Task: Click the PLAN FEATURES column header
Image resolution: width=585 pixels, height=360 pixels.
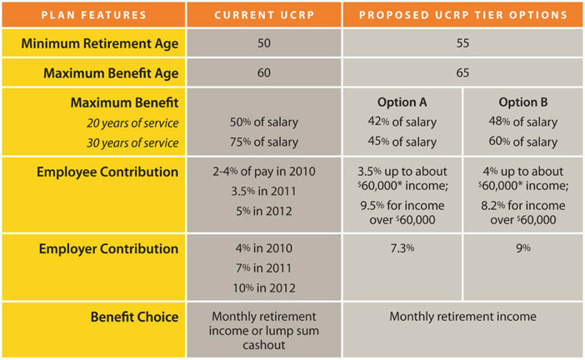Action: [x=94, y=14]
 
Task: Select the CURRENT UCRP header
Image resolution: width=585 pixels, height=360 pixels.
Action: [x=263, y=14]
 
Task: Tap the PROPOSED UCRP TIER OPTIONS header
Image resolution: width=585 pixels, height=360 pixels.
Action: [x=462, y=14]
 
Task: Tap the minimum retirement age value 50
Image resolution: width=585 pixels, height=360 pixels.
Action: [x=263, y=42]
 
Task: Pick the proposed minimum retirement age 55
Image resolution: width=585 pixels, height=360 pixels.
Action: [x=462, y=42]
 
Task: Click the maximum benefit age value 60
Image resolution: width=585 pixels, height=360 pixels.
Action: [x=263, y=72]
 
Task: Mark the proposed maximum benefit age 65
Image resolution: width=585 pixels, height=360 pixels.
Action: [x=462, y=72]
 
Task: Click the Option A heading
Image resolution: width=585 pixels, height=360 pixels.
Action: [x=402, y=102]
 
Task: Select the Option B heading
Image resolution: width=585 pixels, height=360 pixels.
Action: [x=522, y=102]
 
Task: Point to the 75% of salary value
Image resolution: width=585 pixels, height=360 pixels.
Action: [x=263, y=142]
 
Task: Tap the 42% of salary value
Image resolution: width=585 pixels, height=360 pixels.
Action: [x=402, y=122]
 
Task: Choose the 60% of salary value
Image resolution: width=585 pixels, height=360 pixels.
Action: [x=522, y=142]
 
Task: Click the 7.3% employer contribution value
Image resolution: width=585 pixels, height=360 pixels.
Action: [x=402, y=249]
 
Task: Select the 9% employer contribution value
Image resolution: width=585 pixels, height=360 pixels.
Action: [x=522, y=249]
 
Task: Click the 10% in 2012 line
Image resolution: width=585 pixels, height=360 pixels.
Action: [x=263, y=287]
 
